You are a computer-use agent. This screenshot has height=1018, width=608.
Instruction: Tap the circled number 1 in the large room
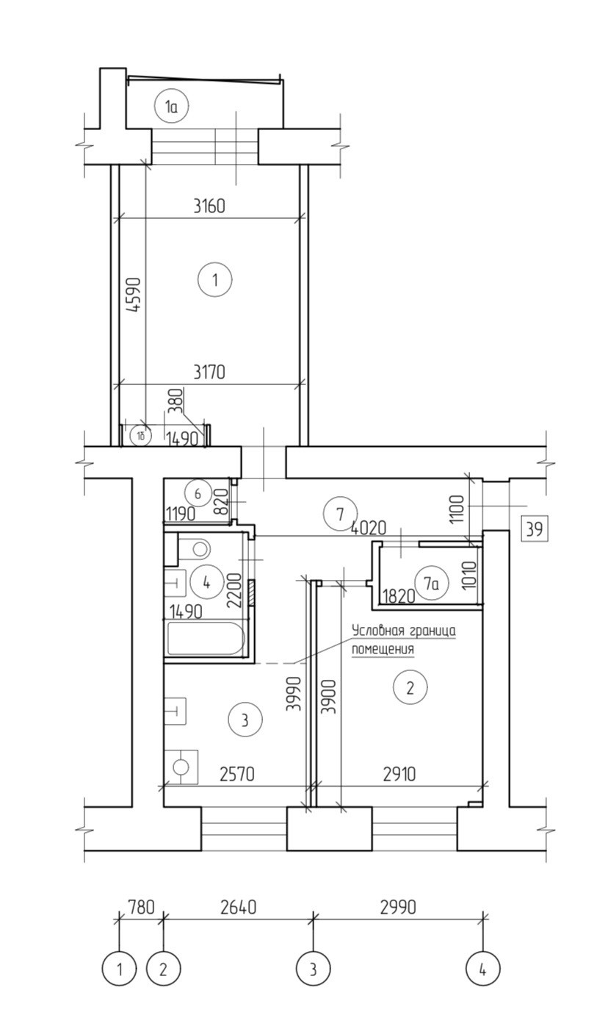(214, 279)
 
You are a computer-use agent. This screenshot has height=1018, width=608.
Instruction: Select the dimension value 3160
(209, 207)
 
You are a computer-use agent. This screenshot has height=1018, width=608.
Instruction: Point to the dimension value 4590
(134, 295)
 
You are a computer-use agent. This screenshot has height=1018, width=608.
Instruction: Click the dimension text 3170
(209, 372)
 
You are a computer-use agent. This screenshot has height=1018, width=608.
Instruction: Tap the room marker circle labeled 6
(198, 493)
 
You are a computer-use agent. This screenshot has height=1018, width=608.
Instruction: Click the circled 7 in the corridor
(340, 515)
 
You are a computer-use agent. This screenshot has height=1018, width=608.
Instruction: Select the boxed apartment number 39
(535, 529)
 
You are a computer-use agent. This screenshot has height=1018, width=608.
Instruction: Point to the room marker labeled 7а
(431, 584)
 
